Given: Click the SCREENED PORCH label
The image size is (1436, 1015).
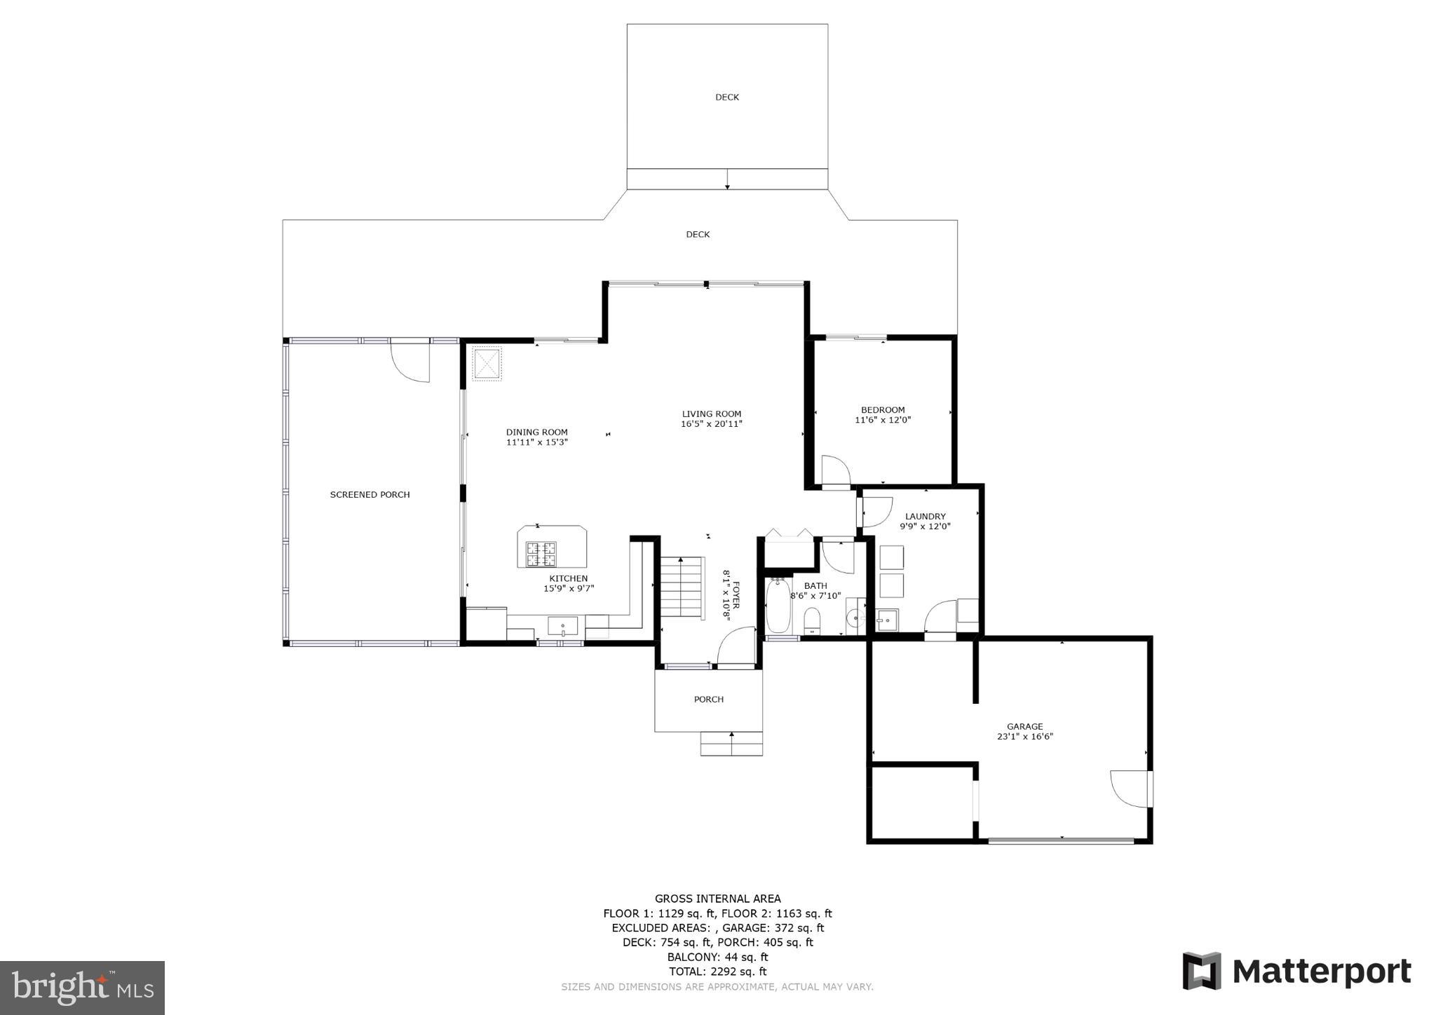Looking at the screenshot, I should [x=370, y=495].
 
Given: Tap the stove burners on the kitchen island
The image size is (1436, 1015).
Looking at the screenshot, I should [x=541, y=554].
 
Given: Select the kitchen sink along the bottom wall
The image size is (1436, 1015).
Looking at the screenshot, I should [x=562, y=625].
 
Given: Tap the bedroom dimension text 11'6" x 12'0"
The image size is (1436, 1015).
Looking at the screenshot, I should [x=883, y=421].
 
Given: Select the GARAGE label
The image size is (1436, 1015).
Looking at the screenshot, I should [x=1024, y=727].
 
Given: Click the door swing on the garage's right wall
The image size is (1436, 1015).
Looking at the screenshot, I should [x=1129, y=789].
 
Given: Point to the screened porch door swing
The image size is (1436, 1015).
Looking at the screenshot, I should [x=410, y=361].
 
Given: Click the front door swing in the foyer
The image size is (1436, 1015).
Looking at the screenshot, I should [x=735, y=646].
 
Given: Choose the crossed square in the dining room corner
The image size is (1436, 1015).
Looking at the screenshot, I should [x=487, y=364].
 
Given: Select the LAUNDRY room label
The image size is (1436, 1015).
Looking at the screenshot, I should [x=925, y=517].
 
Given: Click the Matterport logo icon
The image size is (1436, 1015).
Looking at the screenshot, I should [x=1202, y=971].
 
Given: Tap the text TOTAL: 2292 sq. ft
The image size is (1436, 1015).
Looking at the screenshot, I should [x=717, y=972].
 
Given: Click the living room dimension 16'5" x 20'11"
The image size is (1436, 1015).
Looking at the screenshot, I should [x=711, y=424].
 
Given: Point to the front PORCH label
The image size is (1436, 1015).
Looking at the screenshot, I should [x=708, y=700].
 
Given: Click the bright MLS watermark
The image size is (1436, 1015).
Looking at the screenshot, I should [x=83, y=988].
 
